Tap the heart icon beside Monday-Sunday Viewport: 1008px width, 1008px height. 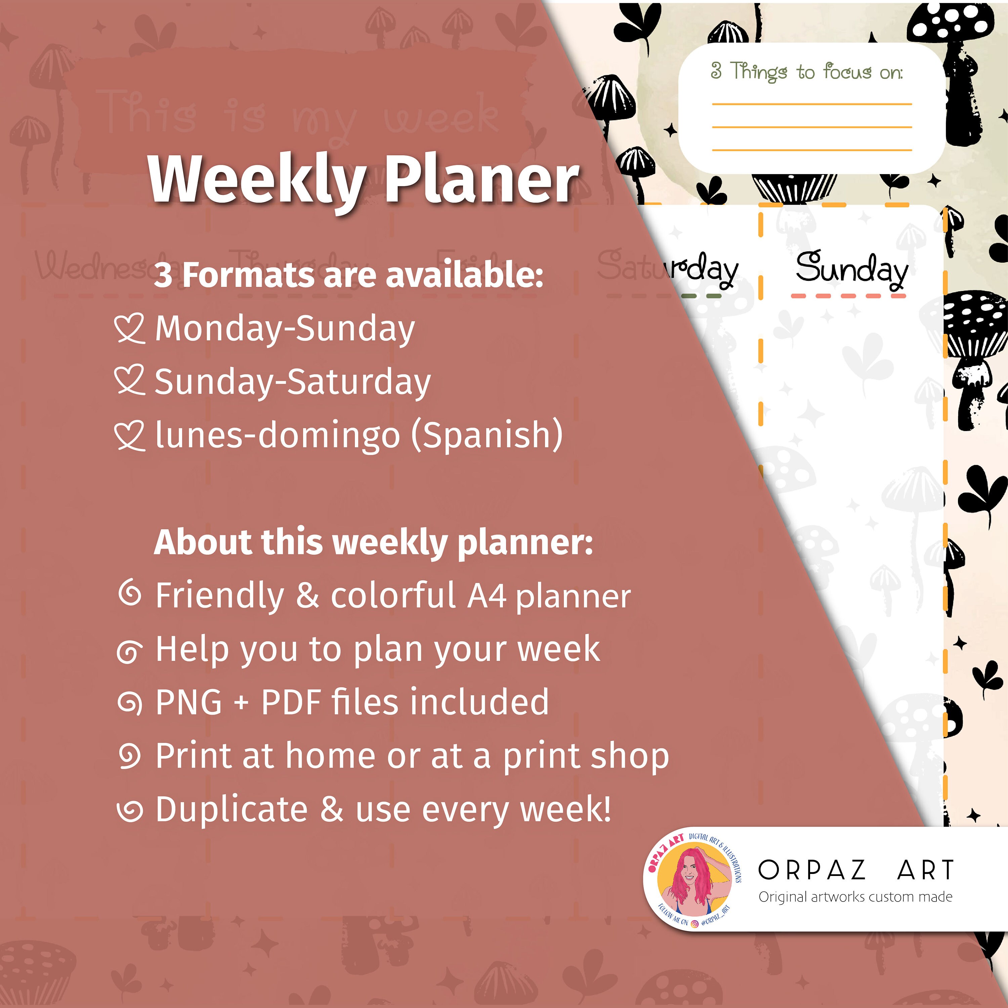129,329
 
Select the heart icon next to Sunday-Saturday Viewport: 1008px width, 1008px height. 129,381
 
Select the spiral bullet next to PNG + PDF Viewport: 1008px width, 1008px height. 129,702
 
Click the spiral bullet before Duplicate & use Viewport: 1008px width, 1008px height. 129,810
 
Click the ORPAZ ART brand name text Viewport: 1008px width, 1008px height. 856,870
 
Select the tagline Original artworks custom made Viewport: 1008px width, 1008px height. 856,897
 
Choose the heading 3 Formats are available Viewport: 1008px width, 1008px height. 348,275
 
